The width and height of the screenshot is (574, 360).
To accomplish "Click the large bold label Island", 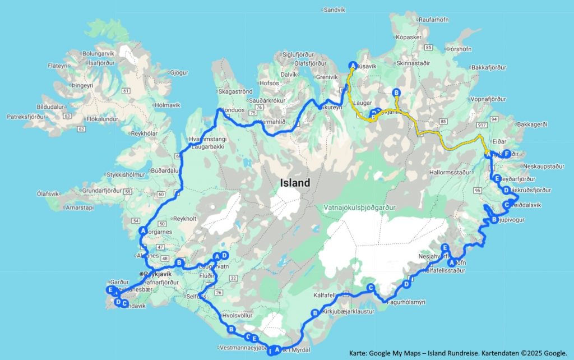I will (x=295, y=183).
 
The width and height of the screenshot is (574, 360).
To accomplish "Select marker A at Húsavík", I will (x=353, y=64).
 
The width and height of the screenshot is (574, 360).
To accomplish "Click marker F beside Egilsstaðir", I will (x=506, y=154).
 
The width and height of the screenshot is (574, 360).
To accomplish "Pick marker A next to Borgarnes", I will (x=143, y=230).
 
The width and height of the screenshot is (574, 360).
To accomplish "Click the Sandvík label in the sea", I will (x=335, y=10).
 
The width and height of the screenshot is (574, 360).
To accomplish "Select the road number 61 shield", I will (x=126, y=90).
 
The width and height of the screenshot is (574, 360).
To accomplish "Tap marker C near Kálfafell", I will (x=370, y=288).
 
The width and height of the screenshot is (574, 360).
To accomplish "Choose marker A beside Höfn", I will (x=451, y=262).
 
